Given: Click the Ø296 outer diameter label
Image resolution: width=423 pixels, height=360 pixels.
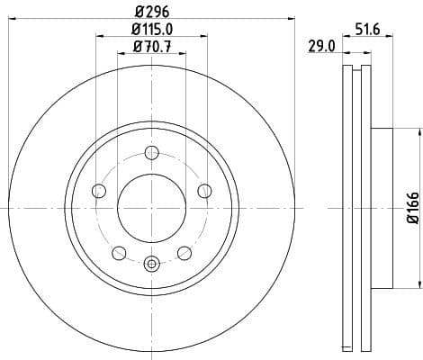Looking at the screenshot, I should [151, 13].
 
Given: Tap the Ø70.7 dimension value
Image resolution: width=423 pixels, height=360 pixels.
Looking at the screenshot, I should [151, 47].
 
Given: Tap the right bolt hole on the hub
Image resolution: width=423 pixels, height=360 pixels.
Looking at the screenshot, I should [204, 190].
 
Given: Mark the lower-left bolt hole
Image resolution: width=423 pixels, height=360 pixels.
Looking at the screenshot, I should [118, 252].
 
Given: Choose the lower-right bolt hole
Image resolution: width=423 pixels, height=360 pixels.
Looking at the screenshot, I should [184, 252].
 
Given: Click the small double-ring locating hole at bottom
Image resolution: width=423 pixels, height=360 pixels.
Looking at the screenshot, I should [151, 264].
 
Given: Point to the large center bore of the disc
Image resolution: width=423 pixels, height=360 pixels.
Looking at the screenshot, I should [151, 207].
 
